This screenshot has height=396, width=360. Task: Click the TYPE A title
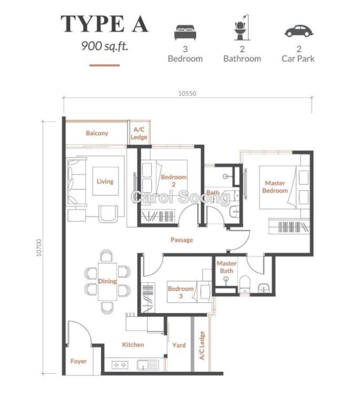[x=104, y=24]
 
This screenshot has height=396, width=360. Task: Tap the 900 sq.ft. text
[x=105, y=46]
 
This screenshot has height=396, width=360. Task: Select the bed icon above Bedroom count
[x=185, y=32]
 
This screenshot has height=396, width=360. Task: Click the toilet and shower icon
[x=242, y=27]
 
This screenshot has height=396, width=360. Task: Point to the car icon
[x=299, y=31]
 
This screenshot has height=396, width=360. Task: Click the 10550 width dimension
[x=187, y=93]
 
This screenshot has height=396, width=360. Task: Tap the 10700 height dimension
[x=39, y=247]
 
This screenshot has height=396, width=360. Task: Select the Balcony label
[x=97, y=133]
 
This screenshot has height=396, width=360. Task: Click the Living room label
[x=105, y=181]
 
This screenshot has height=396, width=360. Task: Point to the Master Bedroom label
[x=275, y=187]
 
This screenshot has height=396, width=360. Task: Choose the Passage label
[x=182, y=240]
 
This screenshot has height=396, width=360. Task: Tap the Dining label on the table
[x=107, y=281]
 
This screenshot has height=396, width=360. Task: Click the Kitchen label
[x=133, y=345]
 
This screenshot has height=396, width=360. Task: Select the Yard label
[x=179, y=345]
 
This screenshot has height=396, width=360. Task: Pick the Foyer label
[x=78, y=361]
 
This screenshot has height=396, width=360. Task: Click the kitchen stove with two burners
[x=119, y=365]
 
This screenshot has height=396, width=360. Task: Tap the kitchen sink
[x=148, y=365]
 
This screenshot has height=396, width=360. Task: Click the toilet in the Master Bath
[x=244, y=284]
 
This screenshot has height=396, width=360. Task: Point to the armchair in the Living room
[x=108, y=214]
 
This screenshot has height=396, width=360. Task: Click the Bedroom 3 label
[x=181, y=292]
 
